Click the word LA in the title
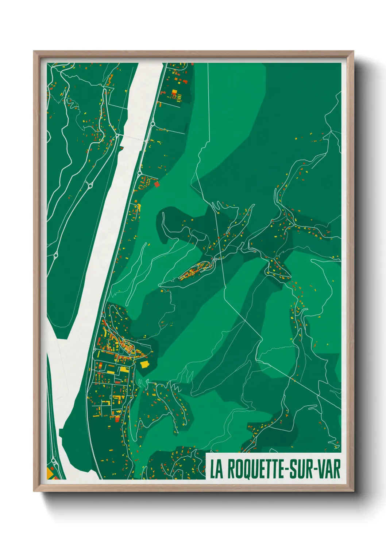[x=216, y=469]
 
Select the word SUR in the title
[x=301, y=469]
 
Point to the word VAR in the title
[x=329, y=469]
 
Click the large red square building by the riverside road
[x=157, y=184]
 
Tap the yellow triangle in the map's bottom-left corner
[x=50, y=473]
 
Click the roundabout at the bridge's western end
[x=117, y=135]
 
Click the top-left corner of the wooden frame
[x=35, y=52]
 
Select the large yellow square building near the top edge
[x=174, y=91]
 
